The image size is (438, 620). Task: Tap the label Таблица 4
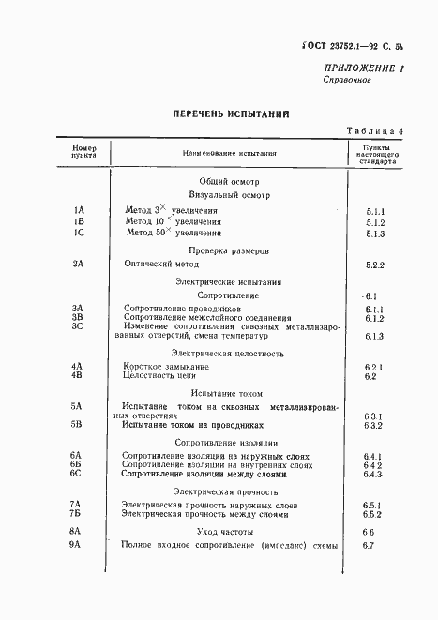pyautogui.click(x=375, y=131)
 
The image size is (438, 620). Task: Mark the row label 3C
pyautogui.click(x=78, y=326)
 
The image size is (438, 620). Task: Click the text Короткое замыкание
pyautogui.click(x=165, y=365)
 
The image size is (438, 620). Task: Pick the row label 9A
pyautogui.click(x=78, y=545)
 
